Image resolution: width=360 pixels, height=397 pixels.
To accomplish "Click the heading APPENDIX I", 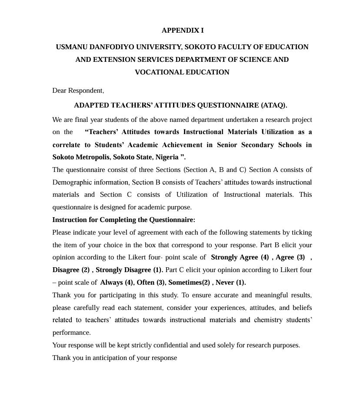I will (x=183, y=30).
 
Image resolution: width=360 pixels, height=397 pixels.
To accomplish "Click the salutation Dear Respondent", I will (x=78, y=91).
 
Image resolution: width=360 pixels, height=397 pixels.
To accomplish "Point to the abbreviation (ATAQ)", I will (x=274, y=105).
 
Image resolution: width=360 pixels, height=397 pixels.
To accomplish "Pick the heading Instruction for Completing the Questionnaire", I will (x=123, y=220).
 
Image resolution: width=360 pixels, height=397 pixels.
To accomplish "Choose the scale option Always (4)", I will (x=117, y=283).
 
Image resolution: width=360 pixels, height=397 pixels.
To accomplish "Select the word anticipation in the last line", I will (x=105, y=358).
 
